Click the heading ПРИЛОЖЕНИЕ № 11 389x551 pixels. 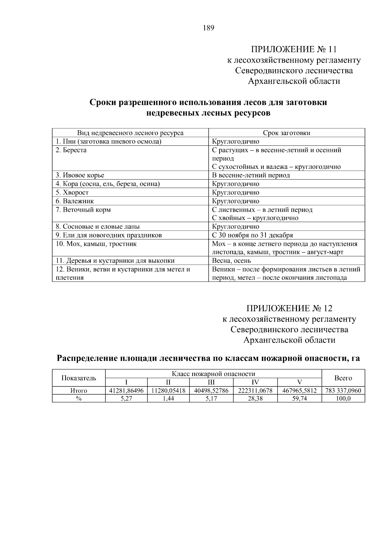[x=294, y=49]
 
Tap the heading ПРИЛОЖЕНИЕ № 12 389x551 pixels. [x=289, y=308]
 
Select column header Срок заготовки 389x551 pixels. [x=287, y=133]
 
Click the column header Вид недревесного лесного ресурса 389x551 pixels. [x=130, y=133]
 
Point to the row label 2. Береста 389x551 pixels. [x=71, y=150]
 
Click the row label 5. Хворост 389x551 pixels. [x=72, y=192]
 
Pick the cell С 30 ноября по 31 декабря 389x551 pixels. [x=252, y=235]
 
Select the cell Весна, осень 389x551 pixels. [x=231, y=260]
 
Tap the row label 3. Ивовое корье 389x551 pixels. [x=80, y=175]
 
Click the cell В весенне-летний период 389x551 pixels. [x=251, y=175]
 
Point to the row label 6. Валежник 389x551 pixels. [x=75, y=201]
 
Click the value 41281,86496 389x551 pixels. [x=126, y=391]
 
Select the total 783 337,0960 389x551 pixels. [x=343, y=391]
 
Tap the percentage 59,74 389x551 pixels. [x=300, y=399]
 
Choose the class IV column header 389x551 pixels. [x=255, y=382]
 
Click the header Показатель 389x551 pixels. [x=79, y=378]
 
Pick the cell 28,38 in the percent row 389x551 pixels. [x=255, y=399]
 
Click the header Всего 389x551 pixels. [x=343, y=378]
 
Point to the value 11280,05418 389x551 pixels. [x=168, y=391]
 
